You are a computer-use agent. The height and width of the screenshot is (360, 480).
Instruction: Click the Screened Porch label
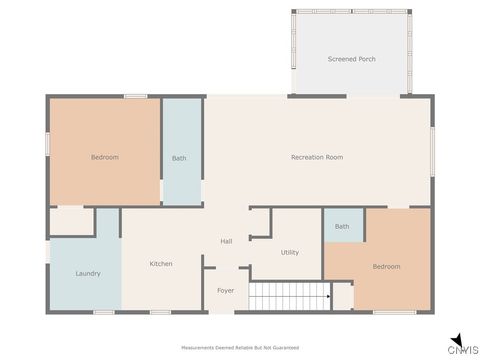pos(351,59)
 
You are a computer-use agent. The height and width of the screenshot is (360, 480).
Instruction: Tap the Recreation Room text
pos(317,157)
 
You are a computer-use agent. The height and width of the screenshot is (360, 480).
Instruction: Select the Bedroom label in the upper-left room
pos(105,157)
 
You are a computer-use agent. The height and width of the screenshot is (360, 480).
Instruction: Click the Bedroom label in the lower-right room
pos(386,266)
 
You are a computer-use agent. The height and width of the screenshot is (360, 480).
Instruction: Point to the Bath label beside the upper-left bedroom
pos(179,158)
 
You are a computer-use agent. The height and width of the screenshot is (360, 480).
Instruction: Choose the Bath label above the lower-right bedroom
pos(342,226)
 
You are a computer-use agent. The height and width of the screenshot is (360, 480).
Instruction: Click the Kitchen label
pos(161,263)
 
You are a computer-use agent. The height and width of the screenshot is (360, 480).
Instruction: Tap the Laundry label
pos(88,273)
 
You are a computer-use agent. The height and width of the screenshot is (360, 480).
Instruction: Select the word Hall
pos(227,241)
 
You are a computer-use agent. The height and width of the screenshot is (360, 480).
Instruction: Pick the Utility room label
pos(290,252)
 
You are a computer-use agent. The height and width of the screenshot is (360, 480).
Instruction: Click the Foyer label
pos(226,292)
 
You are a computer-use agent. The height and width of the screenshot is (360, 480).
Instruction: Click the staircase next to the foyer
pos(289,296)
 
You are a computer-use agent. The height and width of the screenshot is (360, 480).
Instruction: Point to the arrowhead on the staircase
pos(327,296)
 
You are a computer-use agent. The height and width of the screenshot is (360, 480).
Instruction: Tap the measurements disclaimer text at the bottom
pos(240,347)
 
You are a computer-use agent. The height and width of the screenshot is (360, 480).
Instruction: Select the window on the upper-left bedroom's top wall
pos(136,96)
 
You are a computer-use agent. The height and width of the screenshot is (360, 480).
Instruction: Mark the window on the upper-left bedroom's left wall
pos(47,143)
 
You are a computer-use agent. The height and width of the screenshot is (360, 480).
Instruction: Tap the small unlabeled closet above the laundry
pos(71,222)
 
